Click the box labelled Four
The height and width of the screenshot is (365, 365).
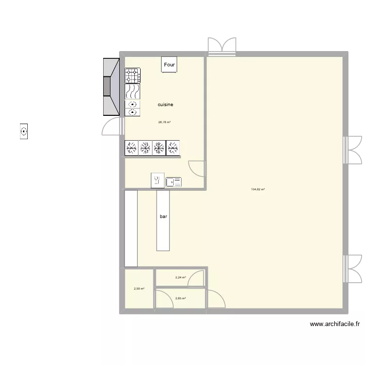169,65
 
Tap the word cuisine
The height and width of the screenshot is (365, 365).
165,105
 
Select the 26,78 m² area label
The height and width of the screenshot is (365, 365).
164,122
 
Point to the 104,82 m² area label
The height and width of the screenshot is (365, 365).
257,189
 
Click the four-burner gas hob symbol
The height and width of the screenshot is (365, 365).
133,75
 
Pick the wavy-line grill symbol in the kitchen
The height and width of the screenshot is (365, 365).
133,91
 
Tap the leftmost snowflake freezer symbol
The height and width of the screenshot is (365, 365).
131,148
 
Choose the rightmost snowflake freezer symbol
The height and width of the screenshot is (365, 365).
173,148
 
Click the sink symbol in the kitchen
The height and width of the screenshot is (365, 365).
174,182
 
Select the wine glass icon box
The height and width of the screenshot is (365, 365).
157,180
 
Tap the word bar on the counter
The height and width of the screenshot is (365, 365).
163,216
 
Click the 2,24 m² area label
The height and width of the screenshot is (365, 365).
181,277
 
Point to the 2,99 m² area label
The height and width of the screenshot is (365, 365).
139,289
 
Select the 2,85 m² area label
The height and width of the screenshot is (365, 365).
181,298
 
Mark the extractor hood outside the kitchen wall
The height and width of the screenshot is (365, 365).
111,87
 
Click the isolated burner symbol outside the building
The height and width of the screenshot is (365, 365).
23,131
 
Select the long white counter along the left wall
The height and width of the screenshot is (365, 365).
131,228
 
